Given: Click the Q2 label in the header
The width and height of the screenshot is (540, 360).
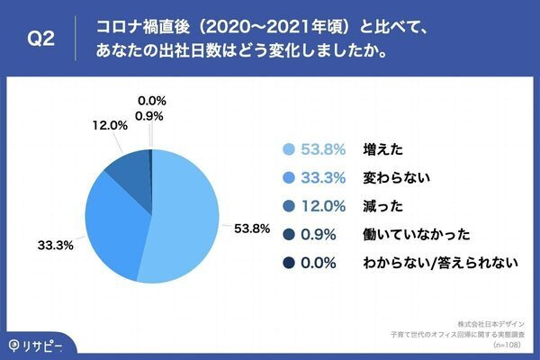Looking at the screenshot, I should [43, 39].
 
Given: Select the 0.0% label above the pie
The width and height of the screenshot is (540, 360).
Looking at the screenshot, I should [152, 101].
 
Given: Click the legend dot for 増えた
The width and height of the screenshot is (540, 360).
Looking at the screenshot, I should [289, 150].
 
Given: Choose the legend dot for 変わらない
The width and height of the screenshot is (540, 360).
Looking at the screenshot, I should [289, 178].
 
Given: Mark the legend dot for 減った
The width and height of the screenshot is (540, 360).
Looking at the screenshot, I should [289, 206].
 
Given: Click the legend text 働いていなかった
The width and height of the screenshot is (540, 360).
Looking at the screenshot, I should [404, 235].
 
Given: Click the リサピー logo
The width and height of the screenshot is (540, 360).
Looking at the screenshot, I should [34, 346].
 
